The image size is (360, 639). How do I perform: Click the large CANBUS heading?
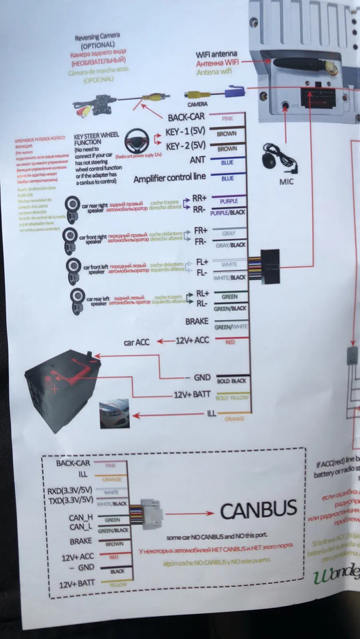[x=259, y=510]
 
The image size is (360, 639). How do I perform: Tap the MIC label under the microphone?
[x=286, y=182]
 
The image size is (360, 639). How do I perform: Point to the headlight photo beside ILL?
[x=114, y=413]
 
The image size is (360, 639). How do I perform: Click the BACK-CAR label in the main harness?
[x=186, y=117]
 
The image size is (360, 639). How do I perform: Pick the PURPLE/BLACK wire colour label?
[x=228, y=212]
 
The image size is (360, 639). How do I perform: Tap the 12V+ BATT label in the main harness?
[x=192, y=395]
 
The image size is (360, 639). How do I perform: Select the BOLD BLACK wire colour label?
[x=231, y=381]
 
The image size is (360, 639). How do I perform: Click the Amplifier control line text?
[x=169, y=178]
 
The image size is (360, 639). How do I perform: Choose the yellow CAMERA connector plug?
[x=197, y=95]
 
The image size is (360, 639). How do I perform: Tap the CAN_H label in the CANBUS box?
[x=81, y=518]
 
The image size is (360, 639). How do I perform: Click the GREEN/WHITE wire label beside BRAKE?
[x=231, y=327]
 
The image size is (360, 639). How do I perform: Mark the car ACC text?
[x=136, y=342]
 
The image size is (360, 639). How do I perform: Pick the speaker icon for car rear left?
[x=76, y=299]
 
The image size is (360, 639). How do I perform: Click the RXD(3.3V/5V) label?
[x=70, y=490]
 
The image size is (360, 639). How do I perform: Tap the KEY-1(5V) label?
[x=185, y=131]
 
